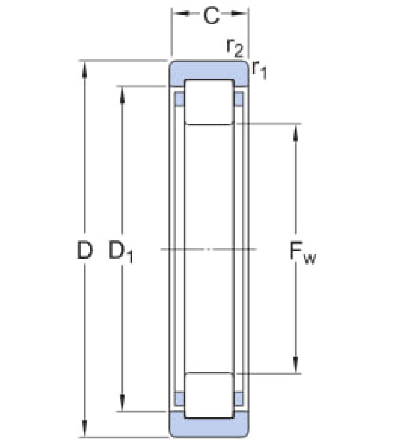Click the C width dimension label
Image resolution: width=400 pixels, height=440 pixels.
tap(212, 16)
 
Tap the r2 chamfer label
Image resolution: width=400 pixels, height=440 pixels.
tap(235, 48)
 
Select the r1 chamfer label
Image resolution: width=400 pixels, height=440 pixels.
tap(259, 70)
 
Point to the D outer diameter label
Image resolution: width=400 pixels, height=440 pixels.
tap(85, 250)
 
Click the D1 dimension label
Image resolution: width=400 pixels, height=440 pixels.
tap(121, 252)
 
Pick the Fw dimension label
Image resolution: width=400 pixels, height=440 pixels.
tap(302, 253)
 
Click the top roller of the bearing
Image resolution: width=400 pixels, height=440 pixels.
tap(209, 102)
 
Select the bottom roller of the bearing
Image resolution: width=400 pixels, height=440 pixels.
tap(209, 395)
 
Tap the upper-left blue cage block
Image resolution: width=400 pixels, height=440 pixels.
tap(180, 99)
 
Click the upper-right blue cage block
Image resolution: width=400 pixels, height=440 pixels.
tap(238, 99)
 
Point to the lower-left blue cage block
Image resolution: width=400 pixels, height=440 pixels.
tap(180, 399)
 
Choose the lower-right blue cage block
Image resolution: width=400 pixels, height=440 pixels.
tap(238, 399)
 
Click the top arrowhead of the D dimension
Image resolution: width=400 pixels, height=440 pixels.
tap(85, 69)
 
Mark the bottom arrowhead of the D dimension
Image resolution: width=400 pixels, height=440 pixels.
tap(85, 428)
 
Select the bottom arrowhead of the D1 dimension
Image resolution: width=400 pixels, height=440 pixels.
tap(122, 403)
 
